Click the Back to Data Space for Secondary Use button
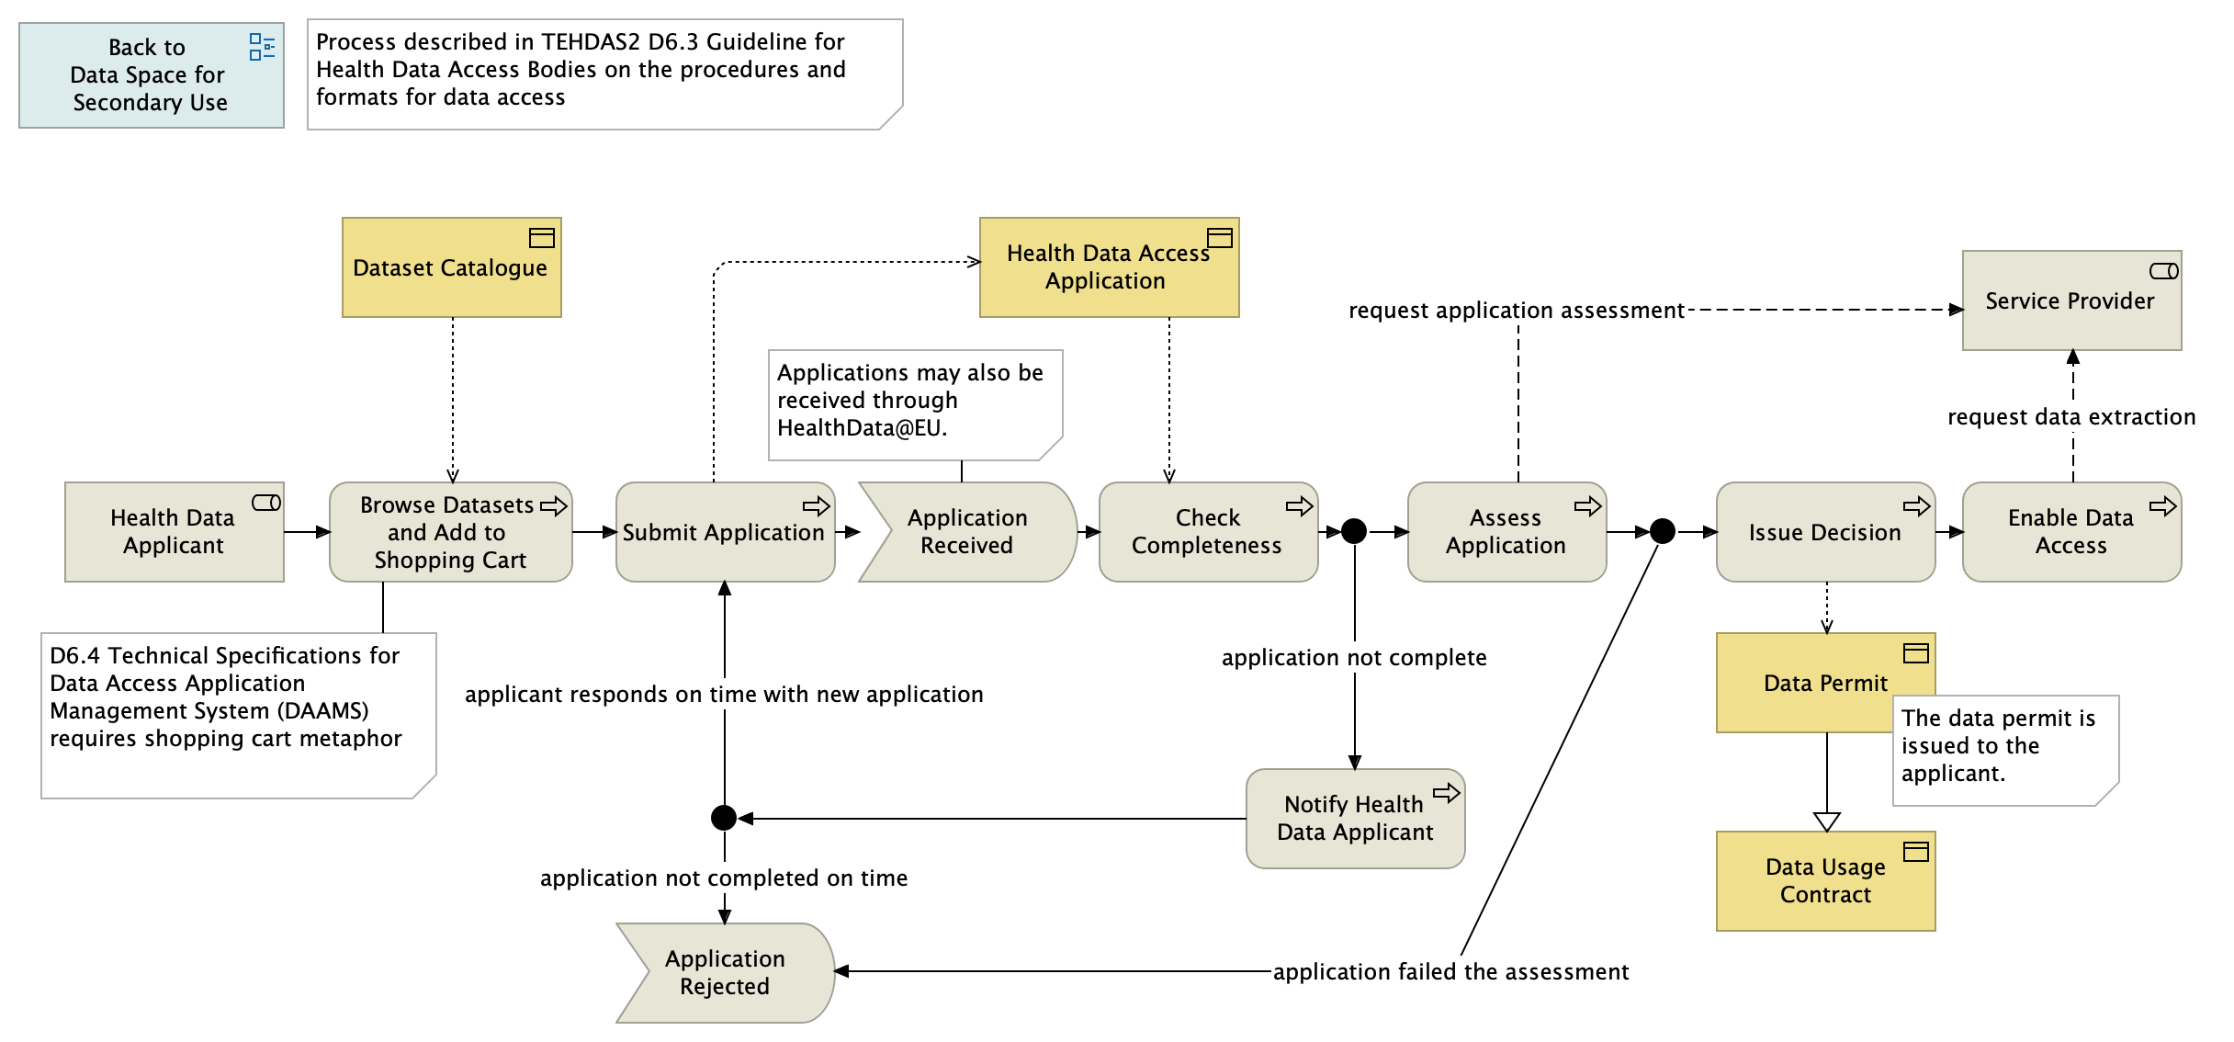151,75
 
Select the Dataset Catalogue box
451,267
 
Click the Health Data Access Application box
1109,267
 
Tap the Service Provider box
2070,301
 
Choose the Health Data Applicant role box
174,532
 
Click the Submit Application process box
724,533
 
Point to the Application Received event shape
967,532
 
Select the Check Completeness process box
1207,532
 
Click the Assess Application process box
1506,532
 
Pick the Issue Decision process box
1824,533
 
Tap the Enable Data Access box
2070,532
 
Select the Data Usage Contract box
1825,881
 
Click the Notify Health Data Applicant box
1355,819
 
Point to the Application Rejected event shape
725,973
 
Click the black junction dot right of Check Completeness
1354,531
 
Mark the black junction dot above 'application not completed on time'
724,818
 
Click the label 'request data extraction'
2070,417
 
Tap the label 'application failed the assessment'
1450,972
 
